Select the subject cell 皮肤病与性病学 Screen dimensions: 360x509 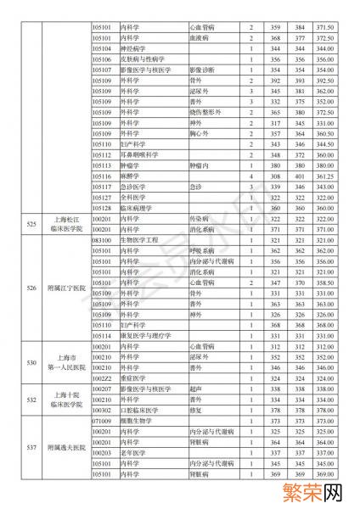tap(139, 60)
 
